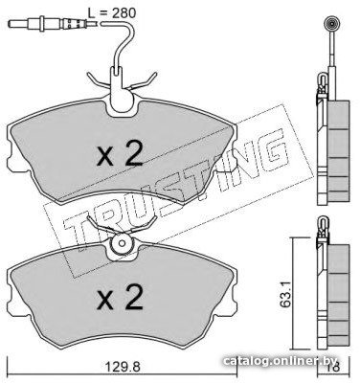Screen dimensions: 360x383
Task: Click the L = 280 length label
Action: point(112,13)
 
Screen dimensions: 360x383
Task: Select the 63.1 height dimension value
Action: point(285,295)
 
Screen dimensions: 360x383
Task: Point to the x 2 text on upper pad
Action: point(120,155)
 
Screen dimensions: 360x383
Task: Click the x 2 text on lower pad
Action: point(120,298)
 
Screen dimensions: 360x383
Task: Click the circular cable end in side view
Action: point(331,23)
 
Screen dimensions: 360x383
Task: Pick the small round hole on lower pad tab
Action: point(122,243)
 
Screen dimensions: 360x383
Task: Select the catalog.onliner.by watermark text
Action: point(281,361)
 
